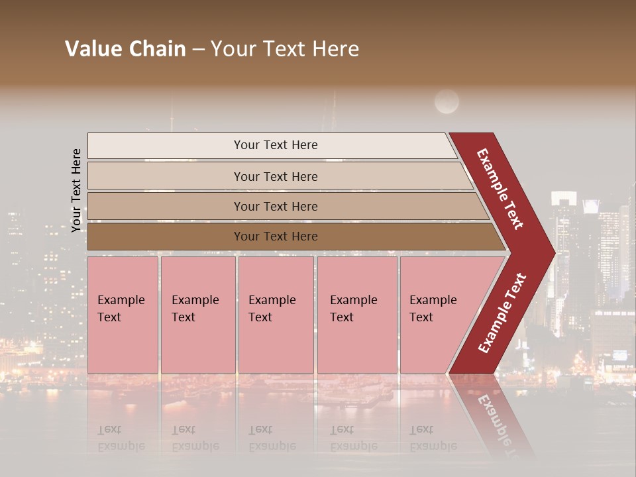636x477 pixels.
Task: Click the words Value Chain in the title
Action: (x=125, y=49)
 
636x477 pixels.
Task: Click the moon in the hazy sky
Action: (x=447, y=101)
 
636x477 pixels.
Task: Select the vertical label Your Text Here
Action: (x=77, y=190)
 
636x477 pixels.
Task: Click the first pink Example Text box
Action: (x=123, y=315)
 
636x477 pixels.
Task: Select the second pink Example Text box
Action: (x=197, y=315)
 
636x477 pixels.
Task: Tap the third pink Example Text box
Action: (x=276, y=315)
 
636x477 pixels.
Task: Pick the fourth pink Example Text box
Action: (x=357, y=315)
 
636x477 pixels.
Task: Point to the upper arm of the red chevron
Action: (x=500, y=189)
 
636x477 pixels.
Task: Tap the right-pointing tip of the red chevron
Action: (x=547, y=252)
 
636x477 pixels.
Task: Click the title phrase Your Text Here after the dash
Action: (x=285, y=49)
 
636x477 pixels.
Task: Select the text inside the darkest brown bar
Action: (x=276, y=237)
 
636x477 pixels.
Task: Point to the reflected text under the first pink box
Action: (x=121, y=438)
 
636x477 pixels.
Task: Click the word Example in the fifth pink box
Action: (x=433, y=300)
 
